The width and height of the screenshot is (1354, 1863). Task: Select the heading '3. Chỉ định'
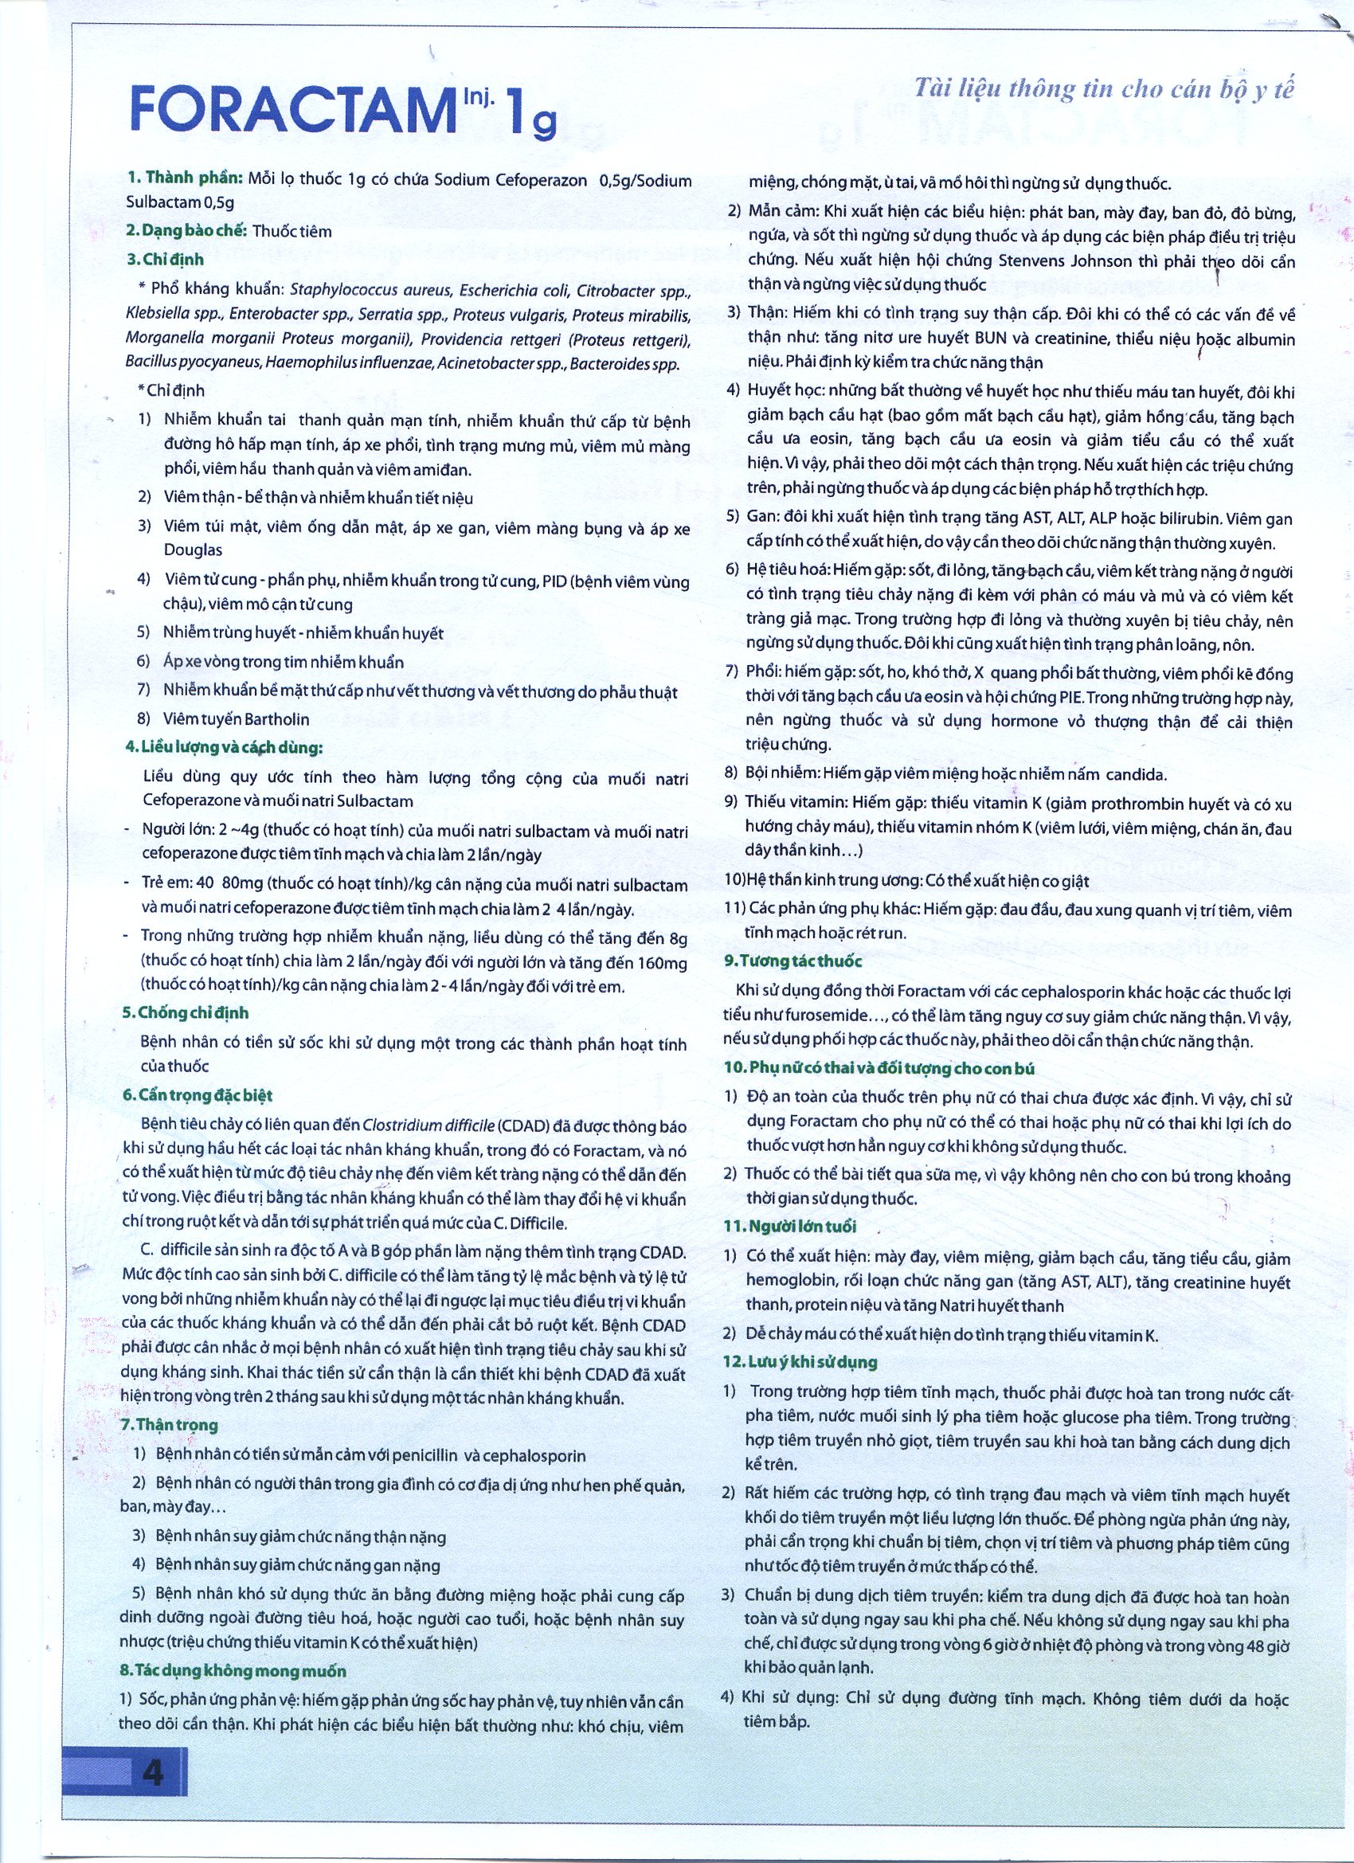[x=165, y=260]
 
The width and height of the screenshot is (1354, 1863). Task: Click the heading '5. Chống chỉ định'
[x=186, y=1012]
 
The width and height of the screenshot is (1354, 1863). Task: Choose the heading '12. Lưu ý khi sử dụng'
[x=800, y=1362]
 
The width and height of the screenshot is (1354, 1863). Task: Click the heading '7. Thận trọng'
[x=170, y=1425]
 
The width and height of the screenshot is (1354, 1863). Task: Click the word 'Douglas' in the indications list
[x=192, y=550]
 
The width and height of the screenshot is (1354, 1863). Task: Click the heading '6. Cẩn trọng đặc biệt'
[x=198, y=1095]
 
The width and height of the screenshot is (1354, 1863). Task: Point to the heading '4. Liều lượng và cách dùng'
[x=222, y=749]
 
